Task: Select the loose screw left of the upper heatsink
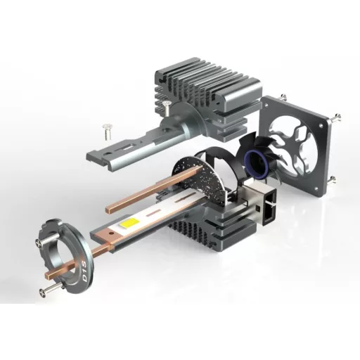click(106, 132)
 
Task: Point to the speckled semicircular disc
click(199, 178)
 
